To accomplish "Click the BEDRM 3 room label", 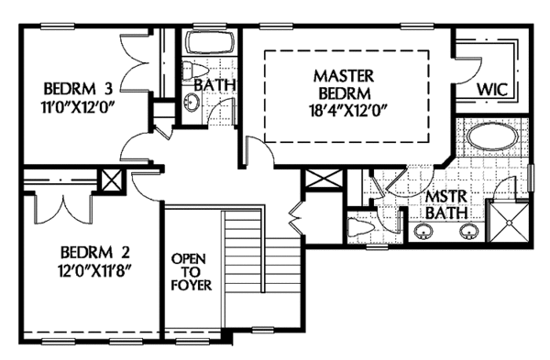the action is pyautogui.click(x=78, y=89).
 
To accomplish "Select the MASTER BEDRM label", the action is pyautogui.click(x=344, y=84).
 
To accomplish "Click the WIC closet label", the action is pyautogui.click(x=492, y=90).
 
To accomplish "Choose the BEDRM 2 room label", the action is pyautogui.click(x=95, y=252).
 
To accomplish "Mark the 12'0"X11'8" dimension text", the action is pyautogui.click(x=95, y=270).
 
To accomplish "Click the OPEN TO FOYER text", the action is pyautogui.click(x=192, y=272).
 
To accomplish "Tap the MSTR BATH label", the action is pyautogui.click(x=446, y=204).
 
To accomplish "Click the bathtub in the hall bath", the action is pyautogui.click(x=210, y=43).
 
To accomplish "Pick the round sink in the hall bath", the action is pyautogui.click(x=192, y=103).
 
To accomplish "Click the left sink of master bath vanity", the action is pyautogui.click(x=423, y=232).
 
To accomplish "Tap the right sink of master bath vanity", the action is pyautogui.click(x=469, y=232).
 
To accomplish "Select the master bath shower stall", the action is pyautogui.click(x=508, y=222).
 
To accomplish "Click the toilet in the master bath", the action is pyautogui.click(x=360, y=226).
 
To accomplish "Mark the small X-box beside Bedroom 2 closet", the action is pyautogui.click(x=112, y=181).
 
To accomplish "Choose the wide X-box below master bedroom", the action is pyautogui.click(x=323, y=180).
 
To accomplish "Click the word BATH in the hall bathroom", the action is pyautogui.click(x=214, y=85).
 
